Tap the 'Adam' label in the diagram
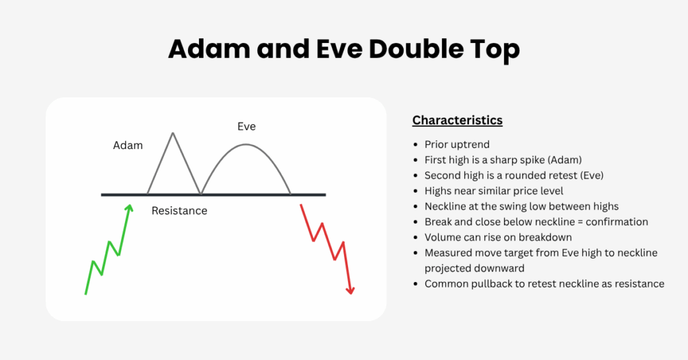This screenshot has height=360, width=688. point(128,145)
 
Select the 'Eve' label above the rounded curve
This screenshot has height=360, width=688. point(247,126)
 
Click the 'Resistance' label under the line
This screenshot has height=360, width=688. point(179,211)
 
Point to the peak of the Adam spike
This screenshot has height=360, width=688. point(173,133)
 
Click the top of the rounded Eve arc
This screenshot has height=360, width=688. point(247,144)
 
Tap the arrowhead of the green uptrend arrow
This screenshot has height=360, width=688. point(128,208)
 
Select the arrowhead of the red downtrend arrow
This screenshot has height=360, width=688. point(350,290)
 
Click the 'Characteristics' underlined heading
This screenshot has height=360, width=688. point(457,121)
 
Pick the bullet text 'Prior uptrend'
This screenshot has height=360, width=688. point(457,144)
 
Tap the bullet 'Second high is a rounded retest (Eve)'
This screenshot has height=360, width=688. point(514,175)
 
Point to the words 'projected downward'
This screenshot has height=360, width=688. point(473,268)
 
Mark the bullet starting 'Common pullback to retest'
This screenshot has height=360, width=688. point(544,283)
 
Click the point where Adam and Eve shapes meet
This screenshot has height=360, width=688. point(200,194)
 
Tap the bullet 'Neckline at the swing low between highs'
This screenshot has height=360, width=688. point(521,206)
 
